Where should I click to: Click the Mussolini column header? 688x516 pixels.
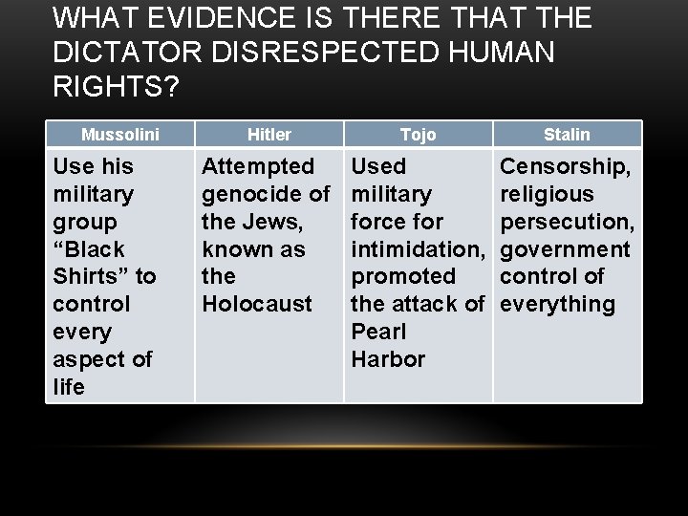click(119, 135)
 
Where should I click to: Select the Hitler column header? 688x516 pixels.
click(269, 135)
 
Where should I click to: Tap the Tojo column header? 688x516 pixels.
click(418, 135)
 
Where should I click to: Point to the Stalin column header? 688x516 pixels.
click(568, 135)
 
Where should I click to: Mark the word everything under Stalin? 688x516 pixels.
click(558, 305)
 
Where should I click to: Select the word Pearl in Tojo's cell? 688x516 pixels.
click(379, 333)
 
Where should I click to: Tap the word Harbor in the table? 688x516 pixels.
click(387, 360)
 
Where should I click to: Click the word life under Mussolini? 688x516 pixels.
click(69, 388)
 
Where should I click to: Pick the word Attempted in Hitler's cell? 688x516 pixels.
click(257, 166)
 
